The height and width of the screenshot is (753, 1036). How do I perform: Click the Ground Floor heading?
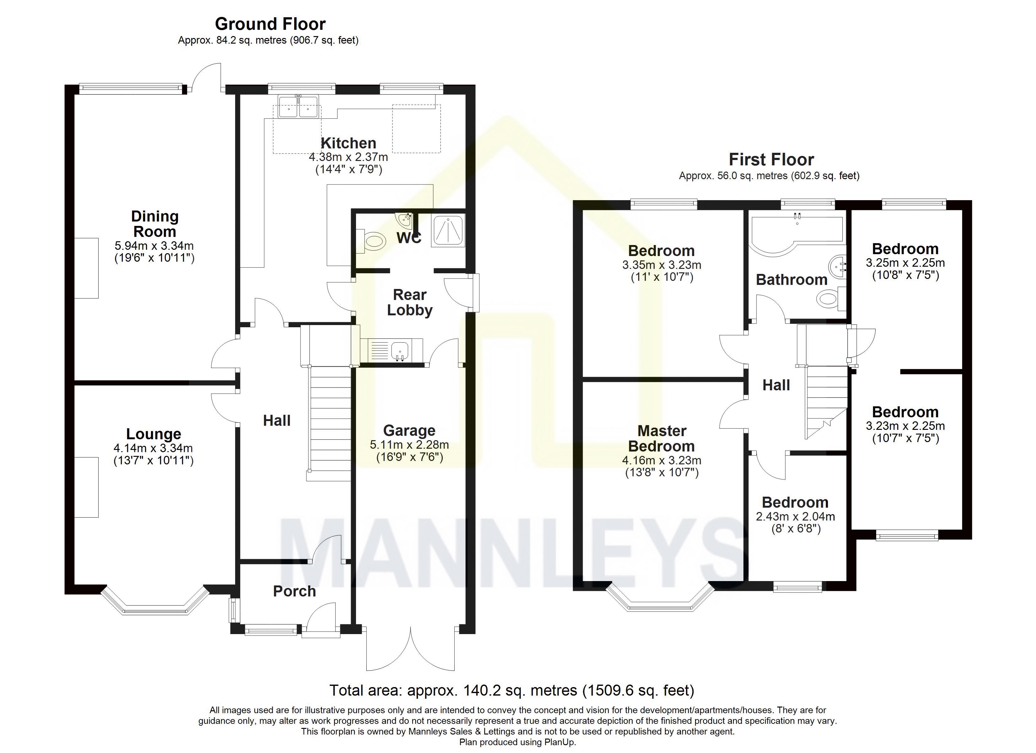point(270,24)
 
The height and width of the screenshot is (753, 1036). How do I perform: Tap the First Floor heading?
point(771,159)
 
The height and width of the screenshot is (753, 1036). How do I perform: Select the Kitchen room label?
point(348,143)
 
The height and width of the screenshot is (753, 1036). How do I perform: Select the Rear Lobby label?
point(410,302)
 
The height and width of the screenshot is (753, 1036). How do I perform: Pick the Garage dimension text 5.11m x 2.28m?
point(409,444)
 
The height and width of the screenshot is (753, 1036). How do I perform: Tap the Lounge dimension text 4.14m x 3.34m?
point(154,448)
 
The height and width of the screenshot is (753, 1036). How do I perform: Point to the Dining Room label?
point(154,223)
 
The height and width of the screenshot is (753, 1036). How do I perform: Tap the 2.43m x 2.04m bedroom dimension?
point(795,516)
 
